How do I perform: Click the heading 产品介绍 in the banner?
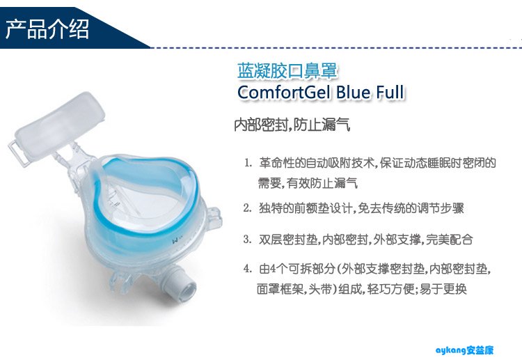[47, 29]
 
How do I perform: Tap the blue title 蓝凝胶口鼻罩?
[287, 70]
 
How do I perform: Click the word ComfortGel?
[285, 92]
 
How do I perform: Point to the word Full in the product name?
[390, 92]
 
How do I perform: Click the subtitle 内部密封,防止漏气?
[292, 125]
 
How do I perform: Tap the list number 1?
[248, 163]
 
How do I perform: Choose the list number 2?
[247, 208]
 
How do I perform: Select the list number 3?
[247, 239]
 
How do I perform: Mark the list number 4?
[247, 268]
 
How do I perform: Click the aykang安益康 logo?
[464, 350]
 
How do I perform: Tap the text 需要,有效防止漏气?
[308, 183]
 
